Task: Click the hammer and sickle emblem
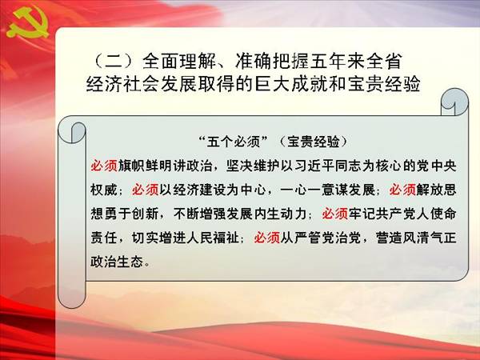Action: point(27,25)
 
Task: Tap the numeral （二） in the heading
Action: point(114,62)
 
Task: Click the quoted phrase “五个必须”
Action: point(234,142)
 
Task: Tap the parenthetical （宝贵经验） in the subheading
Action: point(313,142)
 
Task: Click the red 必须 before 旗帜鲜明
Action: point(104,166)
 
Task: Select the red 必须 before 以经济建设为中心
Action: point(145,190)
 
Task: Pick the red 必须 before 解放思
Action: point(402,190)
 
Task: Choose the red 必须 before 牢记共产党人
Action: point(335,214)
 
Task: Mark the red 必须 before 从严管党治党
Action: point(267,238)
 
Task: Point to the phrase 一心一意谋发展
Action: point(327,190)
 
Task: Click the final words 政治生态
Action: point(117,261)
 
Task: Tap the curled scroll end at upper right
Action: point(454,102)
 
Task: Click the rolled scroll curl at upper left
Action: point(72,132)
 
